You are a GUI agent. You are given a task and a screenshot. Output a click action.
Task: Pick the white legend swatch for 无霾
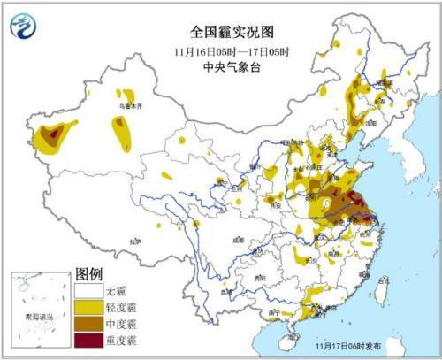click(x=88, y=290)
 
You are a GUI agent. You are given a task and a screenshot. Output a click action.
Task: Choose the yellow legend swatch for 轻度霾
click(x=88, y=306)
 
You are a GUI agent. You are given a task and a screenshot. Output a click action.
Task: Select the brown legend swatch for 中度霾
click(x=88, y=322)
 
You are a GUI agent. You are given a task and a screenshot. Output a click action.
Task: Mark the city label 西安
click(x=262, y=204)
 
